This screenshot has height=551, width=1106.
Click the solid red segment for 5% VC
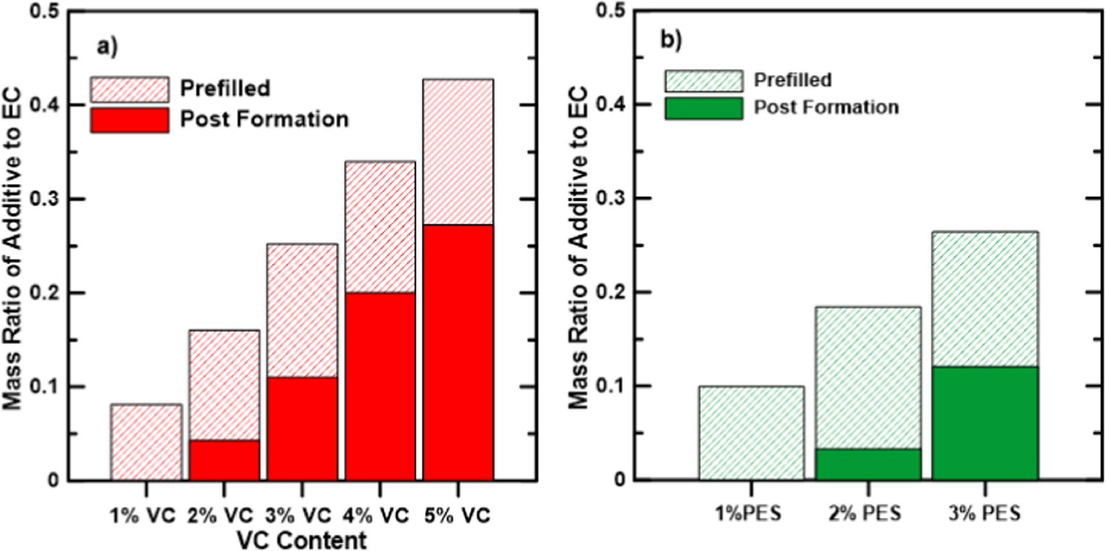click(458, 352)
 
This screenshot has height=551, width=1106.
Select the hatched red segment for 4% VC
click(380, 227)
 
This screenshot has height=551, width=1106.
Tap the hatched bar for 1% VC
click(146, 442)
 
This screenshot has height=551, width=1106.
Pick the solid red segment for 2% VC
click(224, 459)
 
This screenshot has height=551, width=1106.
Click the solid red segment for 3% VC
click(302, 428)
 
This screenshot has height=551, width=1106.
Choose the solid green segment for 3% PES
click(985, 423)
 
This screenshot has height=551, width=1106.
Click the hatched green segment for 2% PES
click(868, 378)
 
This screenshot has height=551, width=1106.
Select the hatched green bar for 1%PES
click(751, 433)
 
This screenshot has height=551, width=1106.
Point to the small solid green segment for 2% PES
click(868, 464)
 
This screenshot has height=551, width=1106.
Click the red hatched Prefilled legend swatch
click(130, 89)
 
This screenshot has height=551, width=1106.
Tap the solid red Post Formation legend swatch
click(130, 120)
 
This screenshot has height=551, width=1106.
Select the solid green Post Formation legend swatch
click(704, 108)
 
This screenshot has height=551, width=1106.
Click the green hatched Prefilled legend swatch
click(704, 81)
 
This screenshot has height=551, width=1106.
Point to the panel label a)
click(107, 46)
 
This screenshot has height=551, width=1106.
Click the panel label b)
click(671, 39)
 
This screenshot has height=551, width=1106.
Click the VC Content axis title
click(302, 540)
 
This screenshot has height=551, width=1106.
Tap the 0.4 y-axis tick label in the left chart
click(45, 106)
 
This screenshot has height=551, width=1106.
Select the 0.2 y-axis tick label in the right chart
click(611, 292)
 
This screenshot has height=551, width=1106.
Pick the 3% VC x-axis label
click(298, 516)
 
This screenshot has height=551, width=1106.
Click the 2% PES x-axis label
click(865, 513)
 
